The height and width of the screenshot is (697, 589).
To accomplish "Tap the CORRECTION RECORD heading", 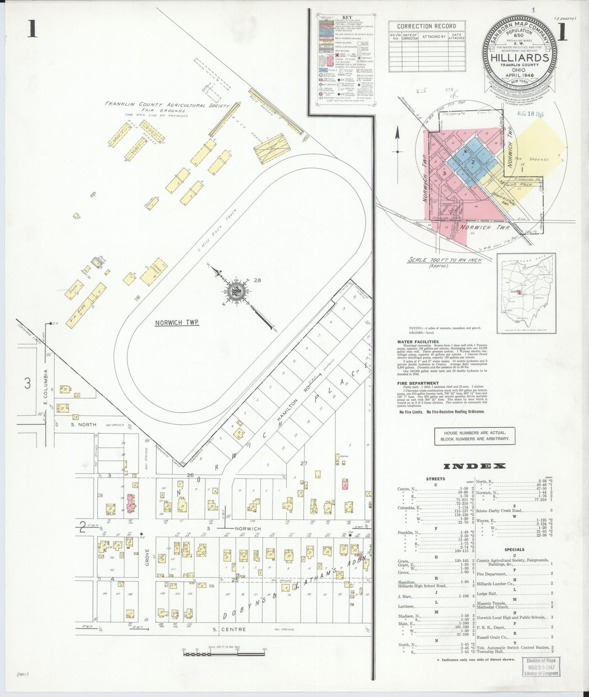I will (x=426, y=26).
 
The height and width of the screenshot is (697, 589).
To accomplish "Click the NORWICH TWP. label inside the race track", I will (x=177, y=322).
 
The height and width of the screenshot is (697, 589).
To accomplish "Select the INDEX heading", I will (x=474, y=466).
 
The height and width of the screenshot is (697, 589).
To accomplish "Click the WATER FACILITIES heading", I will (x=418, y=342).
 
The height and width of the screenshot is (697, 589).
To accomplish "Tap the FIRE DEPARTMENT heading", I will (x=418, y=383).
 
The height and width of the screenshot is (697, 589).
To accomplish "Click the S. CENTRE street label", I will (x=229, y=629).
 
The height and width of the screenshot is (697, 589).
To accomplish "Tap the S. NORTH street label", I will (x=83, y=424).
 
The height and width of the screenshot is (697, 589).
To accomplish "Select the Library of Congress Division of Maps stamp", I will (x=541, y=667).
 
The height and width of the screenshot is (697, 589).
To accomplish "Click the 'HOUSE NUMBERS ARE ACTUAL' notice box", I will (x=474, y=436).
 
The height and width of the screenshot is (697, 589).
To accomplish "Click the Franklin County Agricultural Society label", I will (x=167, y=105).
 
